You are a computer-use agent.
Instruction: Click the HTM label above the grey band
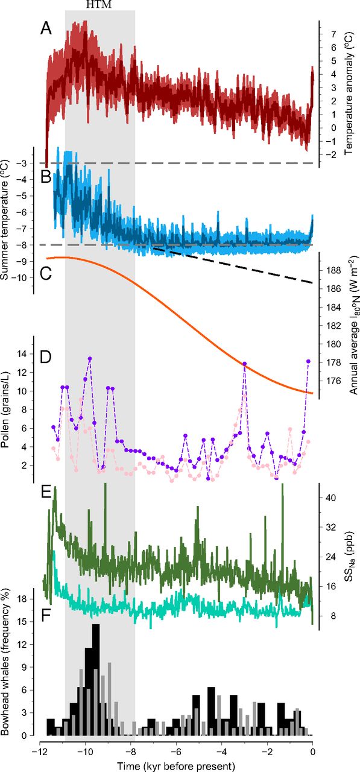98,4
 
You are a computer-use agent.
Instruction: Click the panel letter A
46,28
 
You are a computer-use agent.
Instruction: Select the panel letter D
46,358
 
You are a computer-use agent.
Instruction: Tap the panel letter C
46,274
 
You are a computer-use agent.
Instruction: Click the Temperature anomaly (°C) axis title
349,93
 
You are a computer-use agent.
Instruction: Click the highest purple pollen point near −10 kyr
90,358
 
